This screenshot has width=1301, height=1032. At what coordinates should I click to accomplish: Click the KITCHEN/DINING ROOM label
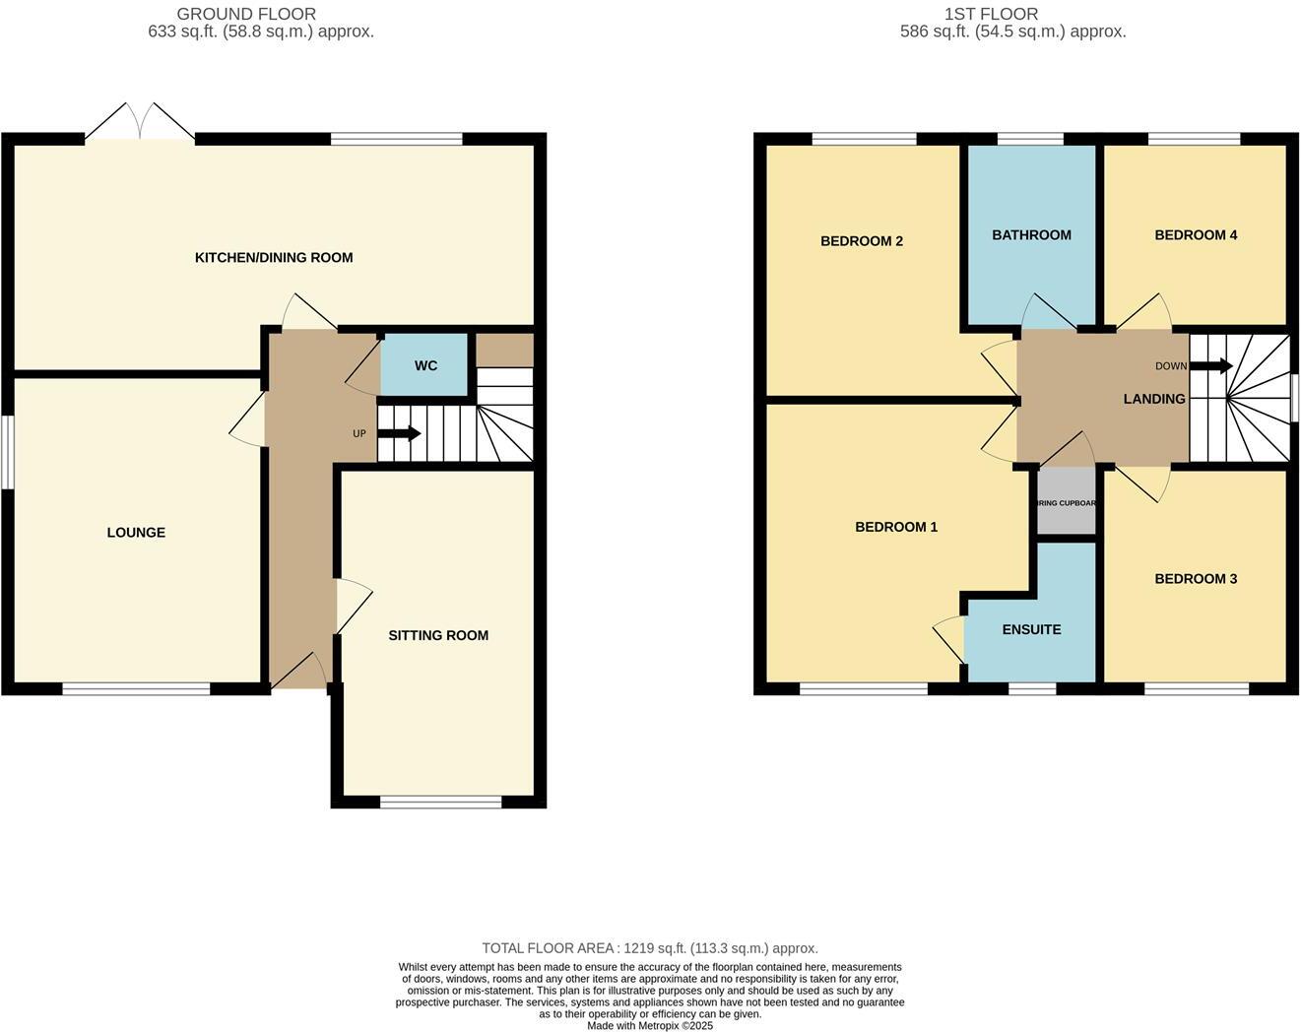coord(274,258)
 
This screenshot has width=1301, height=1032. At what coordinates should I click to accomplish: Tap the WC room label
coord(425,366)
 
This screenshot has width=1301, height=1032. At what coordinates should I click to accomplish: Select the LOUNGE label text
coord(136,533)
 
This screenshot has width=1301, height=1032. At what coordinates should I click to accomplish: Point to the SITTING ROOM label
coord(438,636)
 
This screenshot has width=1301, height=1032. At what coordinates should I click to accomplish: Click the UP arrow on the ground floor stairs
coord(399,433)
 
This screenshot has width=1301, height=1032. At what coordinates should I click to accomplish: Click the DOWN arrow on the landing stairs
coord(1210,366)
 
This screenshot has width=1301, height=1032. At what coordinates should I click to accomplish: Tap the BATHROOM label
coord(1031,235)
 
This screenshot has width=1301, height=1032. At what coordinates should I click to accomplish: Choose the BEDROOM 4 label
coord(1196,235)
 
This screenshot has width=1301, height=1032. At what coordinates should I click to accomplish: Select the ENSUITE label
coord(1031,630)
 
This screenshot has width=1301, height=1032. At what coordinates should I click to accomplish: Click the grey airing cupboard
coord(1067,503)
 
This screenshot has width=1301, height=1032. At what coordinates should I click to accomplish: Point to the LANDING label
coord(1154,399)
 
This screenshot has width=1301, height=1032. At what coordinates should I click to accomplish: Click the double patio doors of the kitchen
coord(140,124)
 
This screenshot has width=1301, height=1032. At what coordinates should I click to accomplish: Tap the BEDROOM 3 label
coord(1196,579)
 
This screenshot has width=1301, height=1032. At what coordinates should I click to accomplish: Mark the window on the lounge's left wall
coord(8,451)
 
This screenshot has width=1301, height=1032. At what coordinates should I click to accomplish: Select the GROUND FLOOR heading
coord(246,14)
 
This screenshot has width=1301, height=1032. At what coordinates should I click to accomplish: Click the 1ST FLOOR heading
coord(991,14)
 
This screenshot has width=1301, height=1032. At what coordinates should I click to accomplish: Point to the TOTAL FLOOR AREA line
coord(650,948)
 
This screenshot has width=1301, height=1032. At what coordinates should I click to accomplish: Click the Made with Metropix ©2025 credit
coord(650,1025)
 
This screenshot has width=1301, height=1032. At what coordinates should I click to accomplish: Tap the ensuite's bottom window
coord(1032,688)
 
